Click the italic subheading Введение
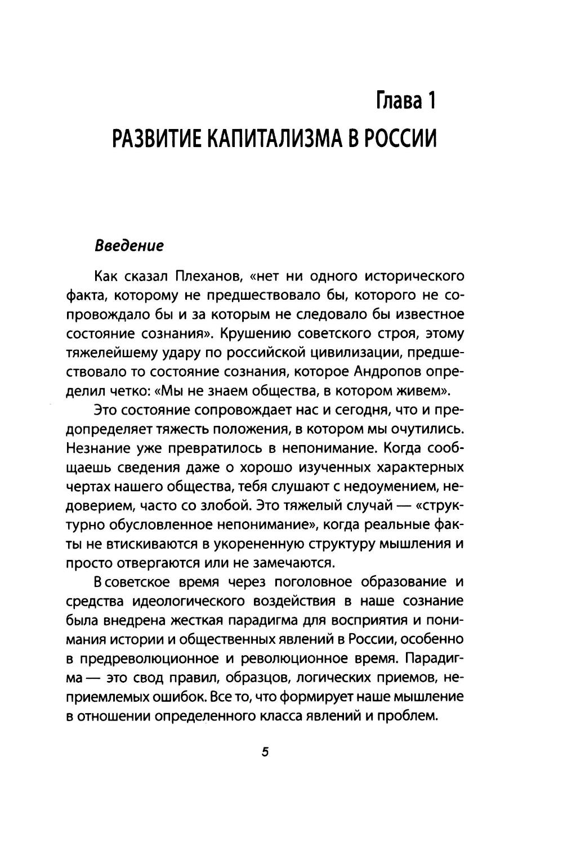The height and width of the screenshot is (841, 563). [x=129, y=246]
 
